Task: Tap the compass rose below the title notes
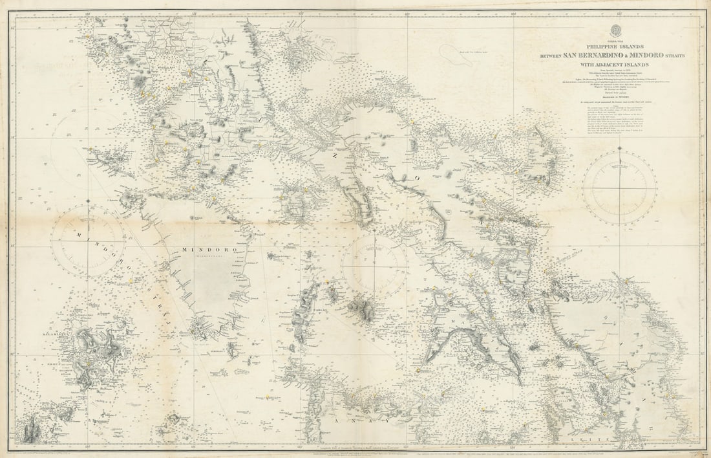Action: click(619, 188)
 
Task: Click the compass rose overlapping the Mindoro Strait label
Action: click(88, 241)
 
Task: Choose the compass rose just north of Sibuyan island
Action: click(375, 265)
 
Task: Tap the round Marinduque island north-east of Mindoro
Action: click(296, 204)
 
